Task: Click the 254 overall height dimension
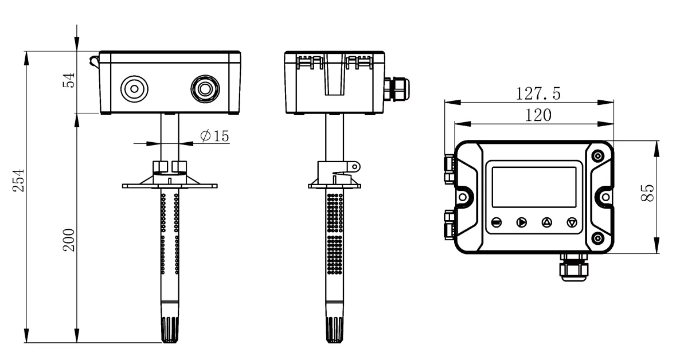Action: tap(19, 180)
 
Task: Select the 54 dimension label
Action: tap(69, 80)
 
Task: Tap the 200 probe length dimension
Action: tap(69, 240)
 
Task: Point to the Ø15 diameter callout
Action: tap(214, 136)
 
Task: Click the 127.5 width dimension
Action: tap(538, 93)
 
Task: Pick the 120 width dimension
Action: tap(538, 115)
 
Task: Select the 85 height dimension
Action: tap(648, 193)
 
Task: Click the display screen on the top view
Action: tap(534, 187)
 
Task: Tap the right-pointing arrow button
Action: tap(521, 222)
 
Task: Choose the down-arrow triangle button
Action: tap(572, 222)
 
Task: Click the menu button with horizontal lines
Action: tap(497, 222)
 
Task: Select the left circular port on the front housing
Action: tap(134, 89)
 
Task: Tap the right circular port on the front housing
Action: tap(205, 89)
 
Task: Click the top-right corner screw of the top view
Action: tap(598, 156)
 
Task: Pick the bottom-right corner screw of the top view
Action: tap(598, 238)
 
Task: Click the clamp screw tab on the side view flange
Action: tap(354, 166)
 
